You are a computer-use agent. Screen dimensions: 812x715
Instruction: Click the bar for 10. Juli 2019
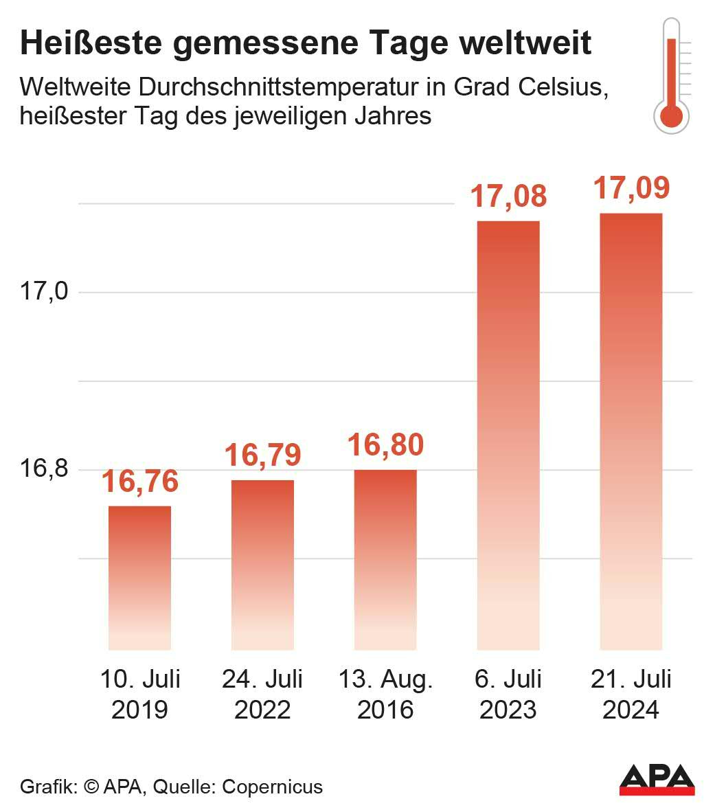pos(139,578)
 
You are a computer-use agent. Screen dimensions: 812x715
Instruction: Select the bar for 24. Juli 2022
pos(262,565)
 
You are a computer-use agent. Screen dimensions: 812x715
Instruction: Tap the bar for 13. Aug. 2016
pos(385,560)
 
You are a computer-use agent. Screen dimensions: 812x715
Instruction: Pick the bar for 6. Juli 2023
pos(508,436)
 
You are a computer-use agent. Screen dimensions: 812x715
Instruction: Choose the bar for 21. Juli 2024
pos(631,431)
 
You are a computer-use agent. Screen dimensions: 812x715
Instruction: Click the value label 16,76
pos(139,482)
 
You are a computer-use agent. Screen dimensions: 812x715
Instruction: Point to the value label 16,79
pos(262,455)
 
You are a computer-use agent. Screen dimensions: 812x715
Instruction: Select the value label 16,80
pos(385,445)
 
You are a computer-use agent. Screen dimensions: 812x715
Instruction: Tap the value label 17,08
pos(508,196)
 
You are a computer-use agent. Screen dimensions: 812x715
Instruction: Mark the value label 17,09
pos(631,188)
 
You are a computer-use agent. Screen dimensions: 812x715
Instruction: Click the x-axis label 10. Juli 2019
pos(139,694)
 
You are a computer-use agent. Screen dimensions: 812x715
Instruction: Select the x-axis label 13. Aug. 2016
pos(385,694)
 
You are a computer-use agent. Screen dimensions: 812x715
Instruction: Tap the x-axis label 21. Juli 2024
pos(631,694)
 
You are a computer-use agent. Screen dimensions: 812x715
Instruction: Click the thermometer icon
pos(672,75)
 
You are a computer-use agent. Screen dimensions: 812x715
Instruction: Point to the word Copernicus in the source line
pos(272,787)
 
